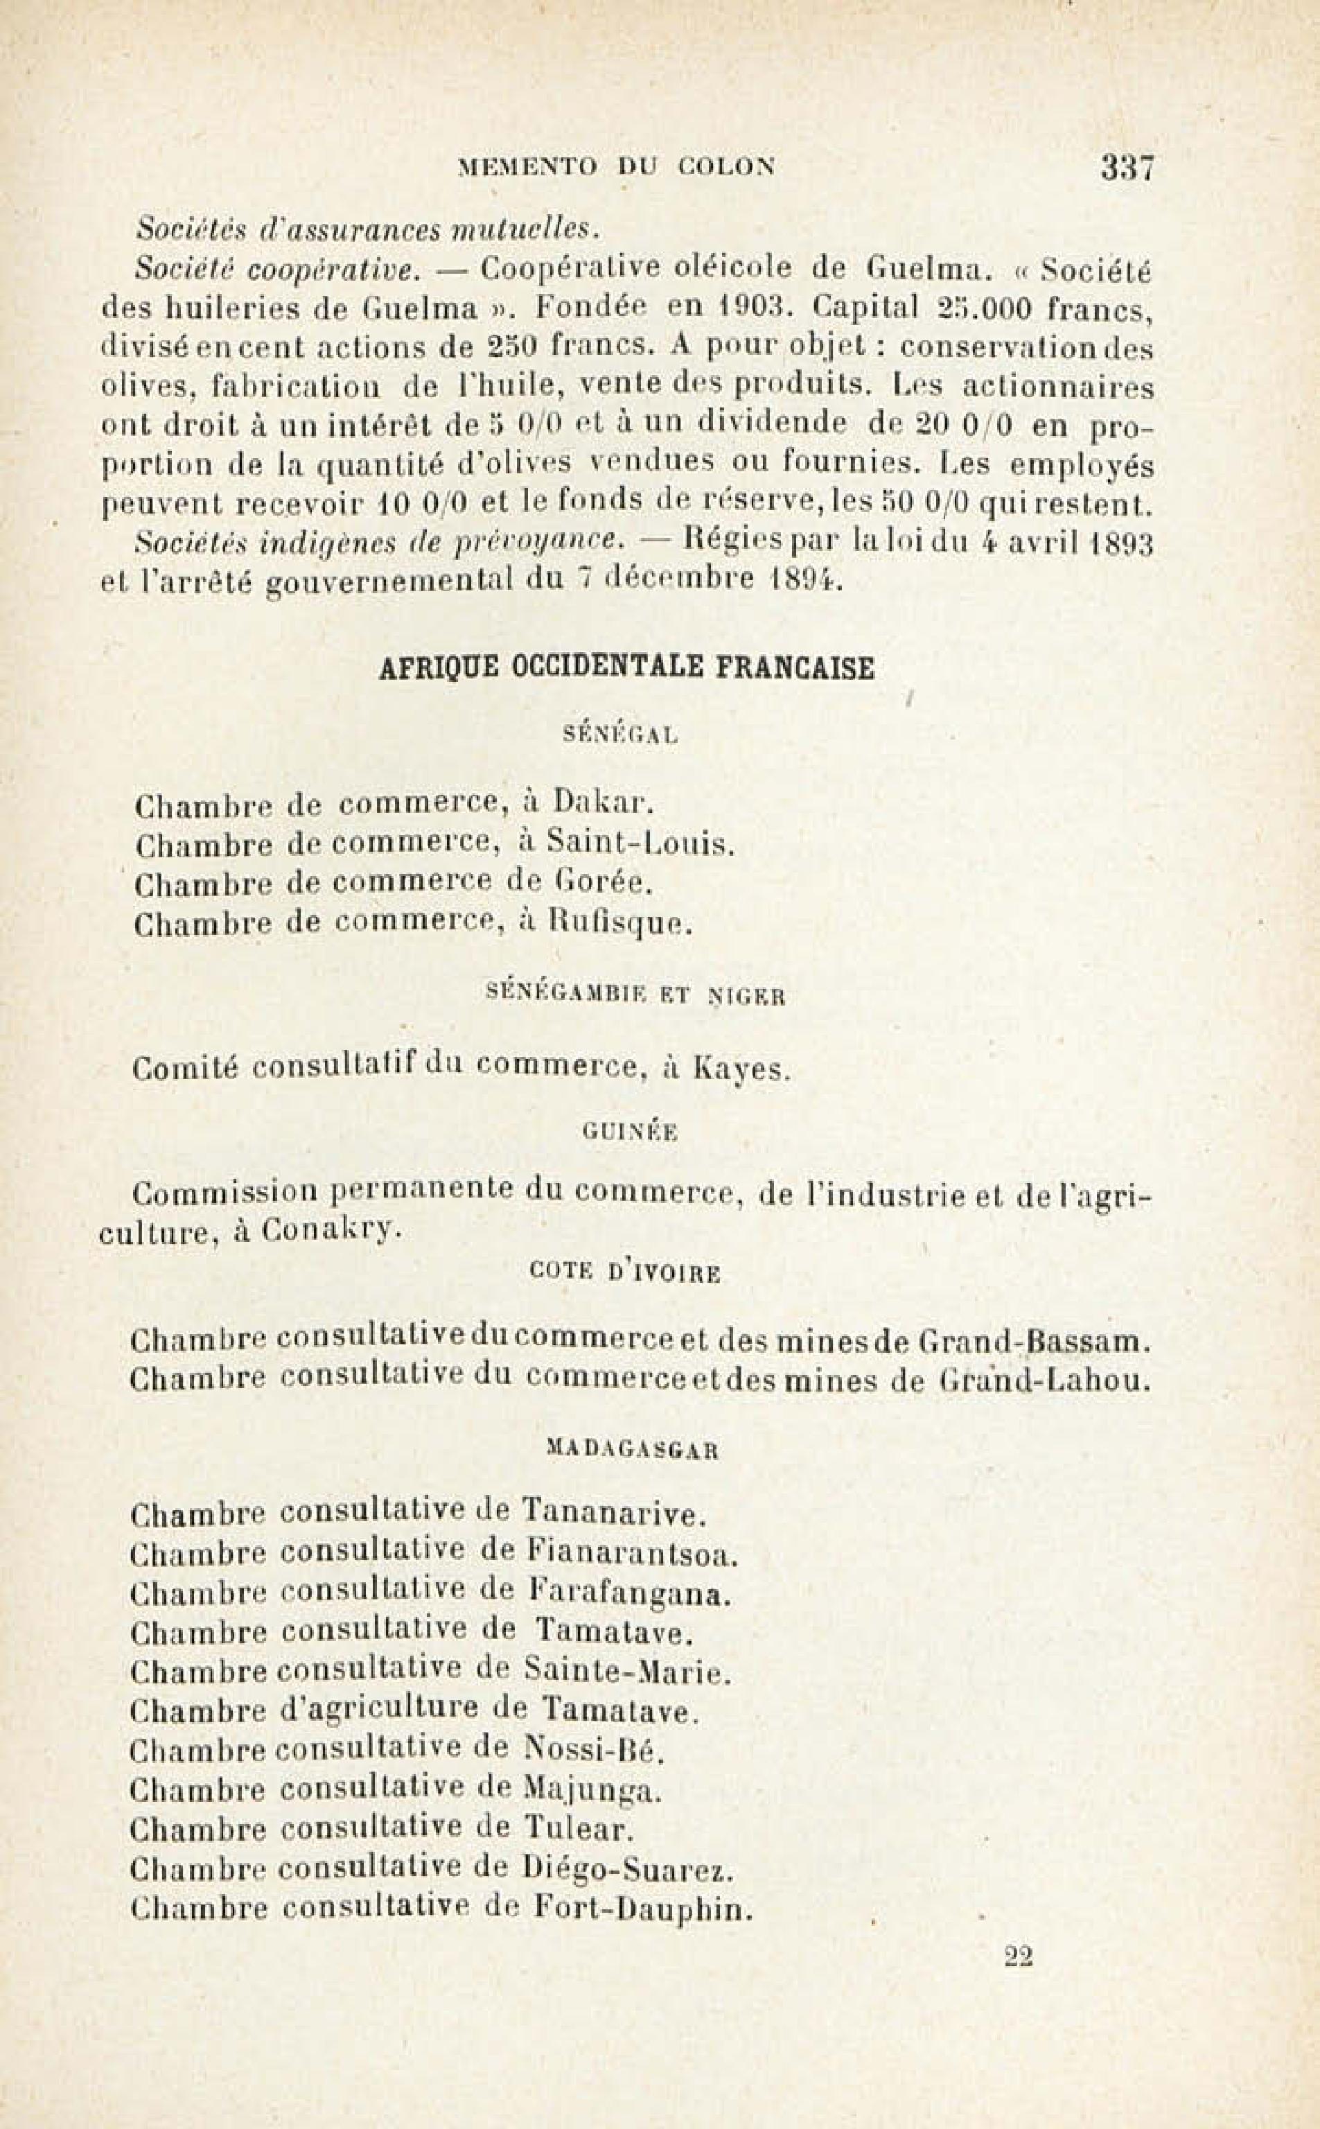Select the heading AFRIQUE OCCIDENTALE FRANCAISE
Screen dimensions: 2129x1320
click(x=627, y=668)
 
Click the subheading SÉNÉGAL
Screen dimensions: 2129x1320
click(x=621, y=735)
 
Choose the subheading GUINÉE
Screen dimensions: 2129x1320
click(x=629, y=1132)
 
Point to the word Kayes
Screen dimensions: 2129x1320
click(x=742, y=1069)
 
